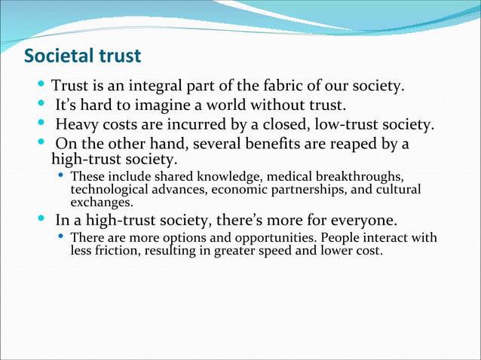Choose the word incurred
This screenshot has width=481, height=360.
coord(213,124)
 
